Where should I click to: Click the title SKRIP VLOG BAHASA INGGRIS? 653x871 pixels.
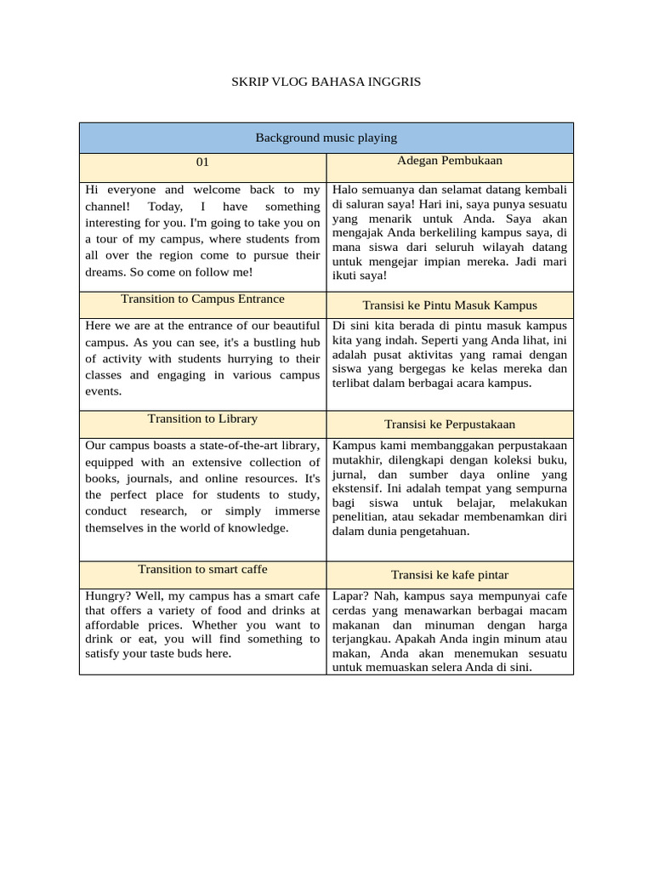(x=326, y=82)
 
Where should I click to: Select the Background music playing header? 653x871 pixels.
(x=326, y=138)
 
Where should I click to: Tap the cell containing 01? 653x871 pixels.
(x=202, y=162)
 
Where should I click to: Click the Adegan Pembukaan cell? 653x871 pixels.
(x=450, y=160)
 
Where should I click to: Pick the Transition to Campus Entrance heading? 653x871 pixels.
(x=202, y=299)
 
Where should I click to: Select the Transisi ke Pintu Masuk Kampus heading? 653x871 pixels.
(x=450, y=305)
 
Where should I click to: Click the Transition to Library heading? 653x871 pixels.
(x=202, y=418)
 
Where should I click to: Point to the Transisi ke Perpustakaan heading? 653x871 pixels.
(x=450, y=424)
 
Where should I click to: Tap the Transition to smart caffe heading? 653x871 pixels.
(x=202, y=569)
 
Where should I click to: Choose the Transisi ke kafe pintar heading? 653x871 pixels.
(x=450, y=575)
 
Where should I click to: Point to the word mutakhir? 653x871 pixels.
(x=358, y=459)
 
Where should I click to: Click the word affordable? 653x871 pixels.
(x=111, y=623)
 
